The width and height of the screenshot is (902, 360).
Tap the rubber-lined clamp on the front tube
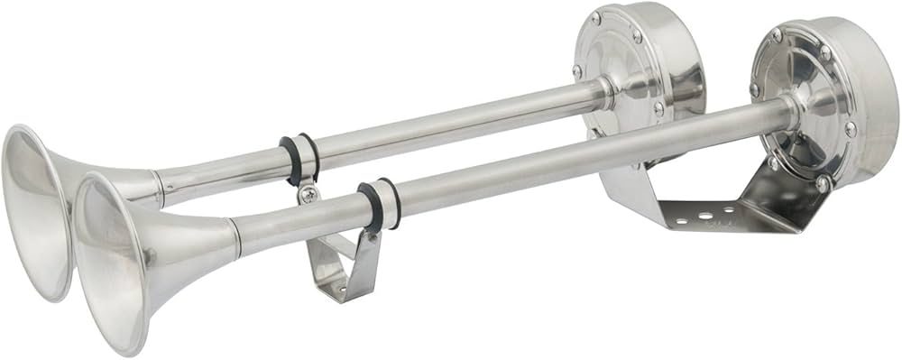tap(378, 207)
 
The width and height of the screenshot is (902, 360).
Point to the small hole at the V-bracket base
tap(335, 291)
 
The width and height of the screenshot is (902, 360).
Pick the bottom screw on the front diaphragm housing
tap(822, 183)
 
